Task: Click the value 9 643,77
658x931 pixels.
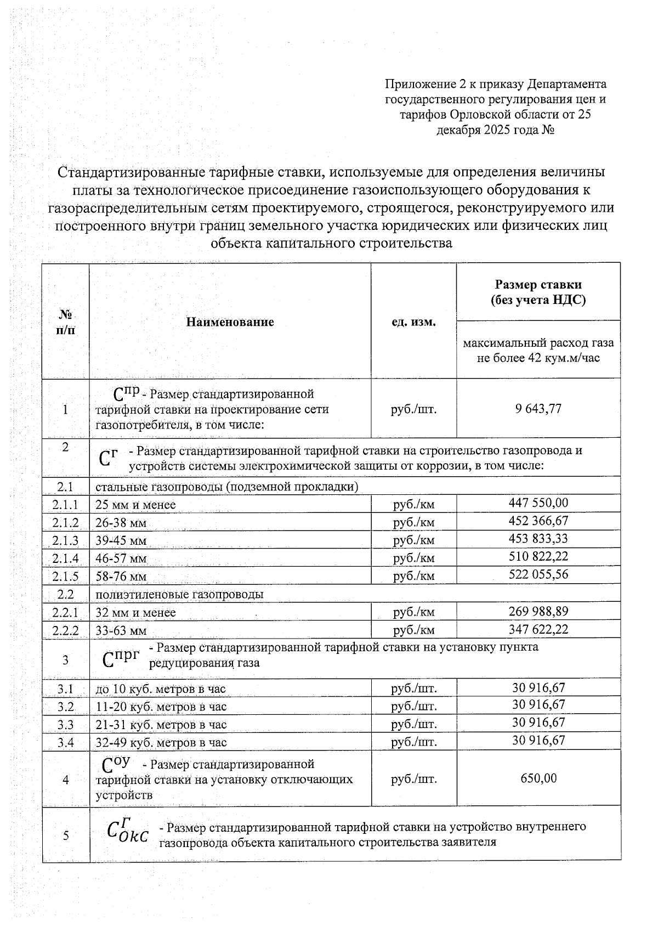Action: (x=538, y=409)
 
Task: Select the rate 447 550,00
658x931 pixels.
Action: (x=538, y=503)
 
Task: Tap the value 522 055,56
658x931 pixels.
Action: (x=538, y=574)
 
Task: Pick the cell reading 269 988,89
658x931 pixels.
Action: (x=538, y=611)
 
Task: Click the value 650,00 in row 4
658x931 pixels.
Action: (x=538, y=778)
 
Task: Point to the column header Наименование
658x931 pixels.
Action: (x=230, y=322)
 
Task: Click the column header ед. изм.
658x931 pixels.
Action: (x=413, y=322)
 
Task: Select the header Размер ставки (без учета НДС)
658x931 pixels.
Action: (x=538, y=292)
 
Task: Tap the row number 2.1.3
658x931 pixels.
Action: (x=65, y=540)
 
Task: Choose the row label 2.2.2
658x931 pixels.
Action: (x=65, y=630)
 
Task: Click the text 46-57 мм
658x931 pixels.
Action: (x=121, y=559)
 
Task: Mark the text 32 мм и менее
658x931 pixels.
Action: (x=135, y=612)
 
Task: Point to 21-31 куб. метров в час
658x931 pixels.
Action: (x=161, y=725)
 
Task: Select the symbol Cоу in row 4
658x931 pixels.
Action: (x=116, y=764)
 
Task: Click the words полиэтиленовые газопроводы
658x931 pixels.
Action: (x=179, y=594)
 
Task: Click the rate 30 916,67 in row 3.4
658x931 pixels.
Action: (x=538, y=740)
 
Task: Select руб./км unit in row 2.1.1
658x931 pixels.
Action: (x=413, y=504)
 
